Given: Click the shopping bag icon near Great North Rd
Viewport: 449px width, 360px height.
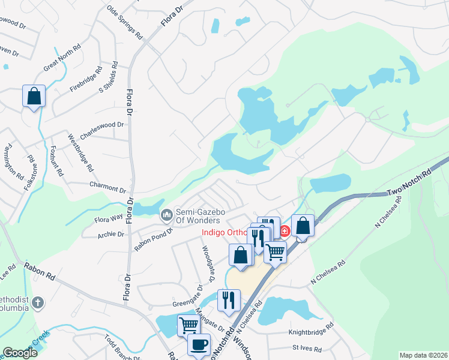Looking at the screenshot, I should (x=34, y=96).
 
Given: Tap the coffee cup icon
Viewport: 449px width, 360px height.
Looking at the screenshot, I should (x=199, y=345).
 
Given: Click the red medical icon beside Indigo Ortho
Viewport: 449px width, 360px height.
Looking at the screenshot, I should (x=285, y=230).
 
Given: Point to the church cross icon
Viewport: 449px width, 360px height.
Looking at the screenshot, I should (x=38, y=302).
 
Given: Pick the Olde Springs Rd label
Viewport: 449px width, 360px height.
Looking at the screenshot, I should (x=124, y=22).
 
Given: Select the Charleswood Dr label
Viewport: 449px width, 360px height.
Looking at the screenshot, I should (x=101, y=131).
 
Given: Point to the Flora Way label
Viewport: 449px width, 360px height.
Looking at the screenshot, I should (x=108, y=217).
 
